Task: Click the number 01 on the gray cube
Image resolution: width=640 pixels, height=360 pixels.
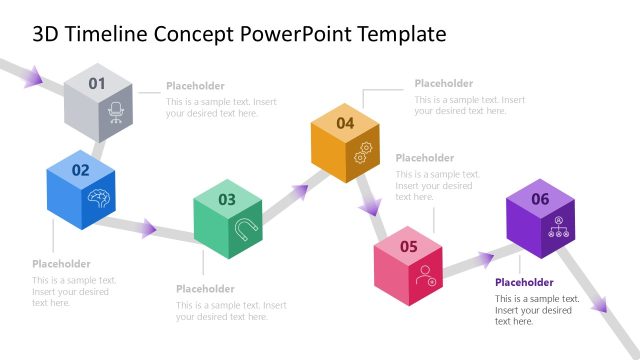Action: (x=97, y=84)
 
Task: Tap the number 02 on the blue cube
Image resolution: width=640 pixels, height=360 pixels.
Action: (x=80, y=170)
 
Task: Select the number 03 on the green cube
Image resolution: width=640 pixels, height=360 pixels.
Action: (x=227, y=199)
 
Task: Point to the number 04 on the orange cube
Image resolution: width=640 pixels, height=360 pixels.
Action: (x=345, y=123)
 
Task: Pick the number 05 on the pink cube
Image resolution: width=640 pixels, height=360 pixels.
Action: (x=408, y=246)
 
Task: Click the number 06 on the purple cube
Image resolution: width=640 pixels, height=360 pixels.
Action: (x=540, y=199)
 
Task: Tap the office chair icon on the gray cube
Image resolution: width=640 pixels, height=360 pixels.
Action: (x=115, y=113)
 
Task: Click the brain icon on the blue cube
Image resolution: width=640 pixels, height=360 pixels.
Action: (x=98, y=197)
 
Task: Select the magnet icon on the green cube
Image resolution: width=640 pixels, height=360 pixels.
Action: (x=243, y=229)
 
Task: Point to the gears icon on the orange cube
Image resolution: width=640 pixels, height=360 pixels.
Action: (x=364, y=152)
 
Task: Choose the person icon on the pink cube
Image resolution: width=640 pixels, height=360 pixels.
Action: (x=427, y=274)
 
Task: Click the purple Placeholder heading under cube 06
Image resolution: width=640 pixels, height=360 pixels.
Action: (x=524, y=283)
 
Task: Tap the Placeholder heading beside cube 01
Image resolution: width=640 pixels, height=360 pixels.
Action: (x=195, y=86)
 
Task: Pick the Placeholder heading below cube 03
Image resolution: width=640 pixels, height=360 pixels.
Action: (x=205, y=289)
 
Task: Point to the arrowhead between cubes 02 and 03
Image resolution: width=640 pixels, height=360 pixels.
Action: (x=148, y=229)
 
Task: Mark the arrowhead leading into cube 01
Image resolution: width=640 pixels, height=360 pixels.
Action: (x=33, y=75)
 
